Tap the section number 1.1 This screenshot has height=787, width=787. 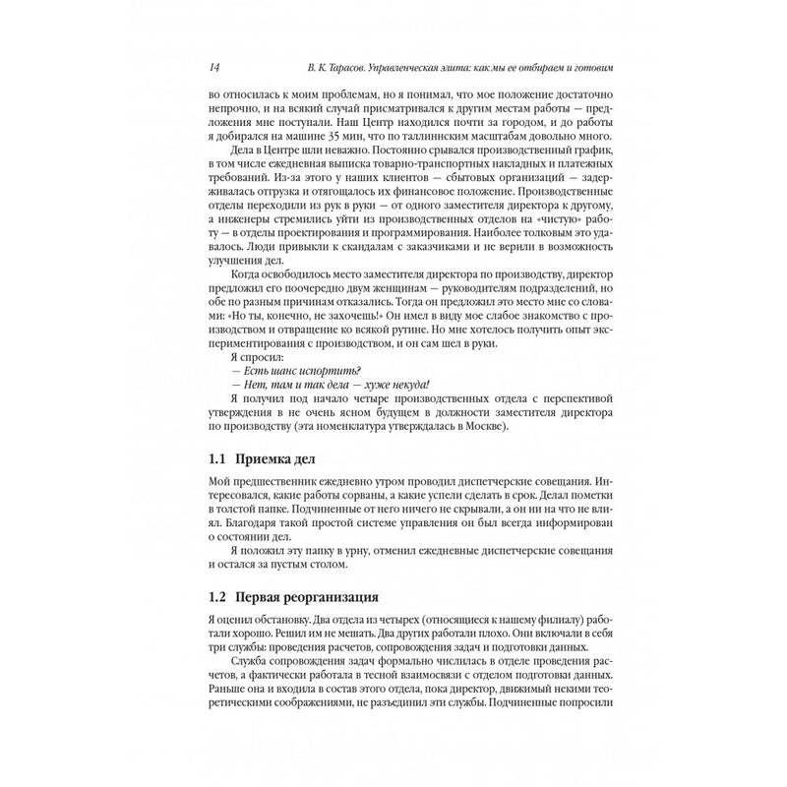[217, 461]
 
